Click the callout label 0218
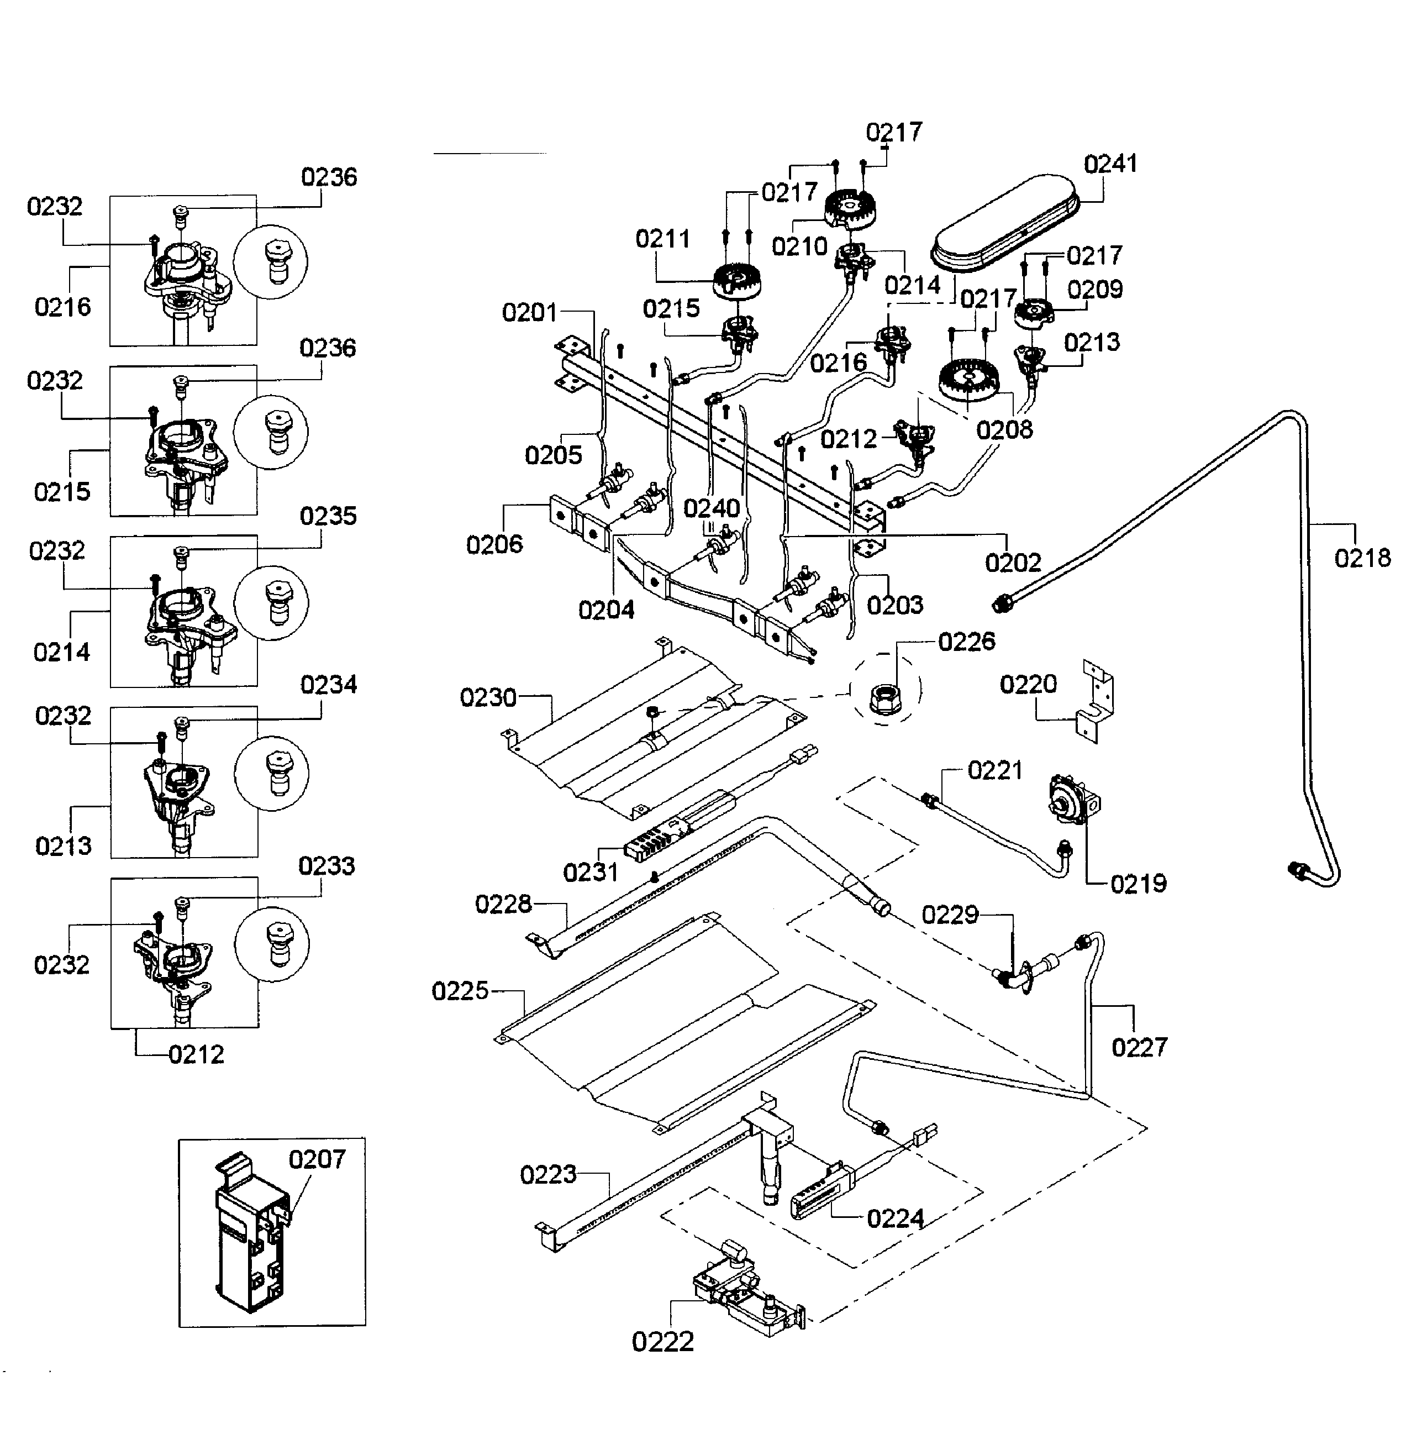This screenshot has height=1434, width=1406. click(x=1362, y=558)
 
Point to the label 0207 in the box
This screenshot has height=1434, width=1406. click(x=317, y=1159)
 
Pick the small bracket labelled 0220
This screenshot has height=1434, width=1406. click(x=1096, y=702)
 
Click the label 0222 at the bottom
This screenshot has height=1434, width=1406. click(x=662, y=1342)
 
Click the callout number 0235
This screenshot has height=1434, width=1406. click(x=328, y=516)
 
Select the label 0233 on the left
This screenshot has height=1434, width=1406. click(x=327, y=865)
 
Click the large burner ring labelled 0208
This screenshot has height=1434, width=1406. click(x=967, y=383)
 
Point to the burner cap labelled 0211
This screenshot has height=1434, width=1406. click(x=737, y=281)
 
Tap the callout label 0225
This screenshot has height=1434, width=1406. click(x=460, y=991)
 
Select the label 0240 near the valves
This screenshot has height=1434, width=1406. click(x=711, y=508)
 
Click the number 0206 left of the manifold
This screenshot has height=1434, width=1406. click(x=494, y=544)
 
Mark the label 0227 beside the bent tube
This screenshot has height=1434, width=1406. click(x=1139, y=1047)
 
